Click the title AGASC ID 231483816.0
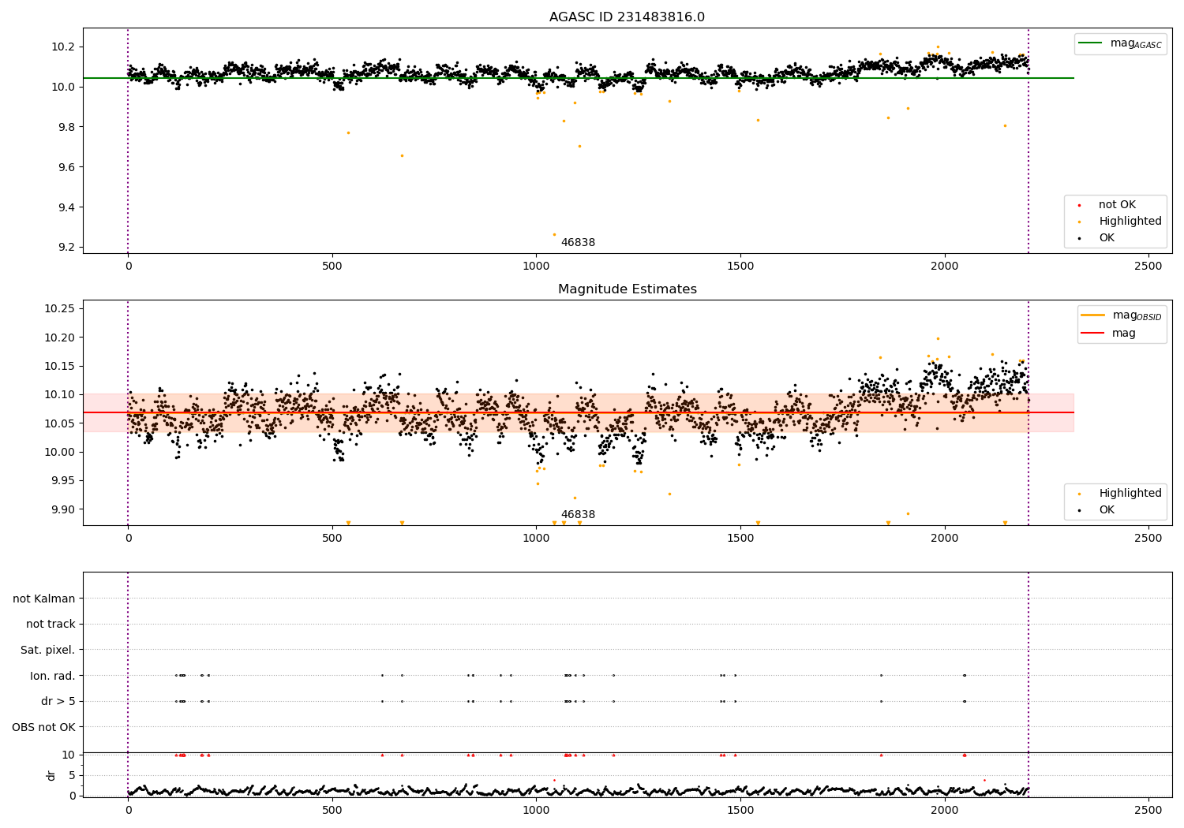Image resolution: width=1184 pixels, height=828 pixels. [x=627, y=17]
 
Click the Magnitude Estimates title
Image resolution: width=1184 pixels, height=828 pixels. [x=627, y=289]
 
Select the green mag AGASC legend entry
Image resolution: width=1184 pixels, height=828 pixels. [x=1120, y=43]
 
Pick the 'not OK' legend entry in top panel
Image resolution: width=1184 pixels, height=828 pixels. [x=1116, y=205]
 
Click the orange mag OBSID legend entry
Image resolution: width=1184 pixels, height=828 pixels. [x=1122, y=315]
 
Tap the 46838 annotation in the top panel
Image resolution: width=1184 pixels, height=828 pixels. [x=578, y=243]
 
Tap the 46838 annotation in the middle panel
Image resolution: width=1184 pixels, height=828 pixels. [x=578, y=515]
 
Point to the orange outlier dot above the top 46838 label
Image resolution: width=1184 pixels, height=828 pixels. [x=554, y=234]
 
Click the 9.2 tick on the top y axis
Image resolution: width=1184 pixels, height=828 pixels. [x=65, y=248]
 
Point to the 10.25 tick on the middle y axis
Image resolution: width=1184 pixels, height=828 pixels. [x=60, y=308]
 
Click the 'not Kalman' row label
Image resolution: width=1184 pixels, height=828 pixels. [x=44, y=599]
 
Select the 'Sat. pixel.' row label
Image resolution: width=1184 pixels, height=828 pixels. [x=48, y=650]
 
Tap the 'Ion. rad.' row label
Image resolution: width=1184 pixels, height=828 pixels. [x=53, y=676]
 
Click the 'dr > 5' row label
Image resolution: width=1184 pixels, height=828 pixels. [x=58, y=701]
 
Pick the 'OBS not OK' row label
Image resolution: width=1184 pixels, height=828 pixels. [x=44, y=727]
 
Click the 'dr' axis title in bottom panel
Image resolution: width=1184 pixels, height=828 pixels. [x=51, y=775]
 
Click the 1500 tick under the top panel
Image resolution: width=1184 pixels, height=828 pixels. [x=740, y=267]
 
